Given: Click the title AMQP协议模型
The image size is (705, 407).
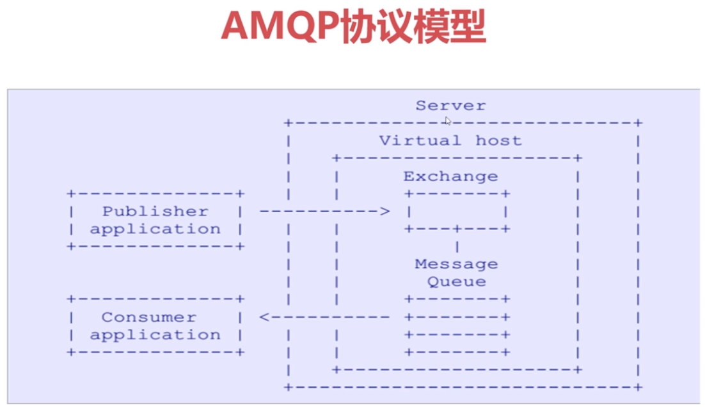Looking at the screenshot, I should (x=352, y=26).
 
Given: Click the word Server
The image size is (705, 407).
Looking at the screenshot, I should (x=450, y=106).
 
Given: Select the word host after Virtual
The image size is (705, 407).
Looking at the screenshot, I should (x=498, y=141).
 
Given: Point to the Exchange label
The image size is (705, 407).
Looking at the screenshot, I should (x=450, y=176).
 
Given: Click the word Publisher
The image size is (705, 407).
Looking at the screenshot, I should (x=155, y=212).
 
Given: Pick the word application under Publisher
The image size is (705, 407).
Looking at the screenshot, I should (x=155, y=229).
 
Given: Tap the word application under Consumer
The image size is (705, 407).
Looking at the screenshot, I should (x=155, y=335).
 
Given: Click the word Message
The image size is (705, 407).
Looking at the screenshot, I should (x=456, y=264).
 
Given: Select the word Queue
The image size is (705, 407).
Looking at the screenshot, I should (x=456, y=282).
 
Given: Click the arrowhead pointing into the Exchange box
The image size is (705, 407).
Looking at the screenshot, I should (x=384, y=211).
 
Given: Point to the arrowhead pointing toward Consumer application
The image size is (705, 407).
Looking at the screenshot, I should (x=264, y=317).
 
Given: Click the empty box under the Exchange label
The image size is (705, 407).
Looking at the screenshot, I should (x=456, y=212).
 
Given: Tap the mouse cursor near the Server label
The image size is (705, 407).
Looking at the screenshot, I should (x=448, y=121).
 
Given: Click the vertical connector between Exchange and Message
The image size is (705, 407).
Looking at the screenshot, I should (x=457, y=246).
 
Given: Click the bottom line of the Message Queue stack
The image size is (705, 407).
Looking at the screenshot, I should (x=457, y=352).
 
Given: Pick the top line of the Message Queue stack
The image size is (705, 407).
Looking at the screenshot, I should (x=457, y=299).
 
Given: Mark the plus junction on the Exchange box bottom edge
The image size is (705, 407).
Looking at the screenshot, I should (x=457, y=229).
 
